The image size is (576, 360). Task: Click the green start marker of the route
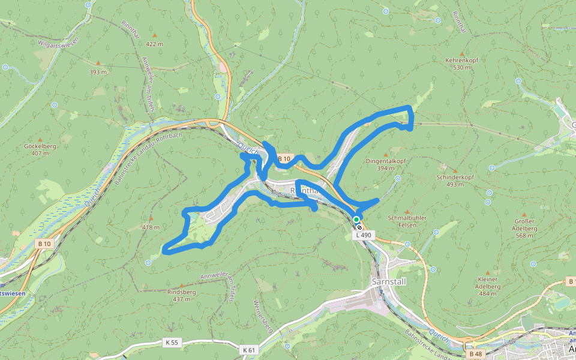(x=356, y=220)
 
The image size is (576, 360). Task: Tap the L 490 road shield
(x=364, y=236)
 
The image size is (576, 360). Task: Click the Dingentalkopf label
(x=386, y=161)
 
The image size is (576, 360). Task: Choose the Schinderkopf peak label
(x=455, y=178)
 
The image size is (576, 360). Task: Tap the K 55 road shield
(x=171, y=342)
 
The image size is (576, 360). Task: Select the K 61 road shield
(x=249, y=349)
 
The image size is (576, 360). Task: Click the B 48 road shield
(x=475, y=354)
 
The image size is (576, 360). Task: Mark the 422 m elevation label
(x=154, y=44)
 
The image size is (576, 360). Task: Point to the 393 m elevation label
(x=98, y=72)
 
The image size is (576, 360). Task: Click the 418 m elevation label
(x=151, y=227)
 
